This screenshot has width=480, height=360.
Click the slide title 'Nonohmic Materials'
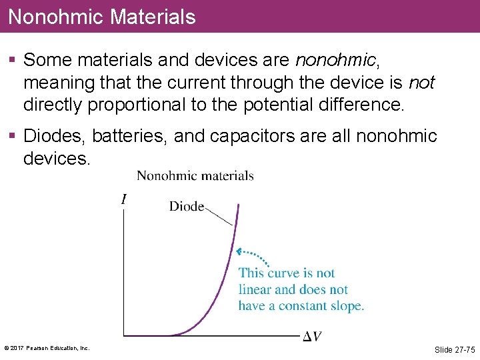click(x=102, y=17)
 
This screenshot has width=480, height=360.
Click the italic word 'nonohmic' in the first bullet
click(x=335, y=61)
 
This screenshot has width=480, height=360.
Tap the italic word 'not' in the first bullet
click(x=422, y=83)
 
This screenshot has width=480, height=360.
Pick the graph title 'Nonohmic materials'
click(x=195, y=176)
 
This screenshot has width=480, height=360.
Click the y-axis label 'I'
click(x=124, y=199)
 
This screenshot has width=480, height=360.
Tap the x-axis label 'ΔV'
click(x=313, y=337)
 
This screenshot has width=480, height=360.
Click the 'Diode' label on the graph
click(x=187, y=207)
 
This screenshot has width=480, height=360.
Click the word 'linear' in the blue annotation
click(x=255, y=289)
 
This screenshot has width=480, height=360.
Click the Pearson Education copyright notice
click(x=47, y=348)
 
